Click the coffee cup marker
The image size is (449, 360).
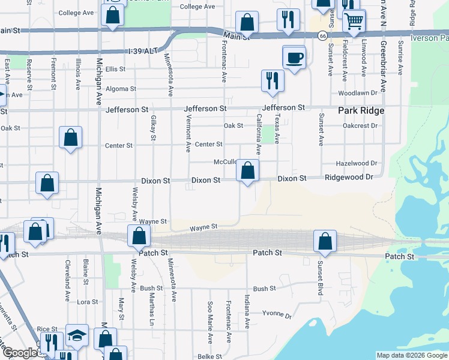[x=294, y=58]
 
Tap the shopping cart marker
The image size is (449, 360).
[x=354, y=22]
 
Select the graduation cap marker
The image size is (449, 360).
[x=77, y=337]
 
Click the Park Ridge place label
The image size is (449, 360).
[x=361, y=111]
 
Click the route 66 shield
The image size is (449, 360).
[x=322, y=37]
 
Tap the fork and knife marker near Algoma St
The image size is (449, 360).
[x=273, y=80]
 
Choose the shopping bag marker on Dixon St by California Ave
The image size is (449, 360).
[x=247, y=171]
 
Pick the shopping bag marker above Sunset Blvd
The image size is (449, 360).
[x=325, y=241]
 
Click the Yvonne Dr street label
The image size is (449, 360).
[x=279, y=316]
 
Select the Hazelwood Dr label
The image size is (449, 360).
[x=357, y=163]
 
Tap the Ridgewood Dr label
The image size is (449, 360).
[x=349, y=178]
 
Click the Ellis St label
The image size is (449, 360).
[x=115, y=69]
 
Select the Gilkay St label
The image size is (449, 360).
[x=153, y=128]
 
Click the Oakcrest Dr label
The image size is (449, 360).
[x=359, y=126]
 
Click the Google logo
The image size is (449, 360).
[x=20, y=353]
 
